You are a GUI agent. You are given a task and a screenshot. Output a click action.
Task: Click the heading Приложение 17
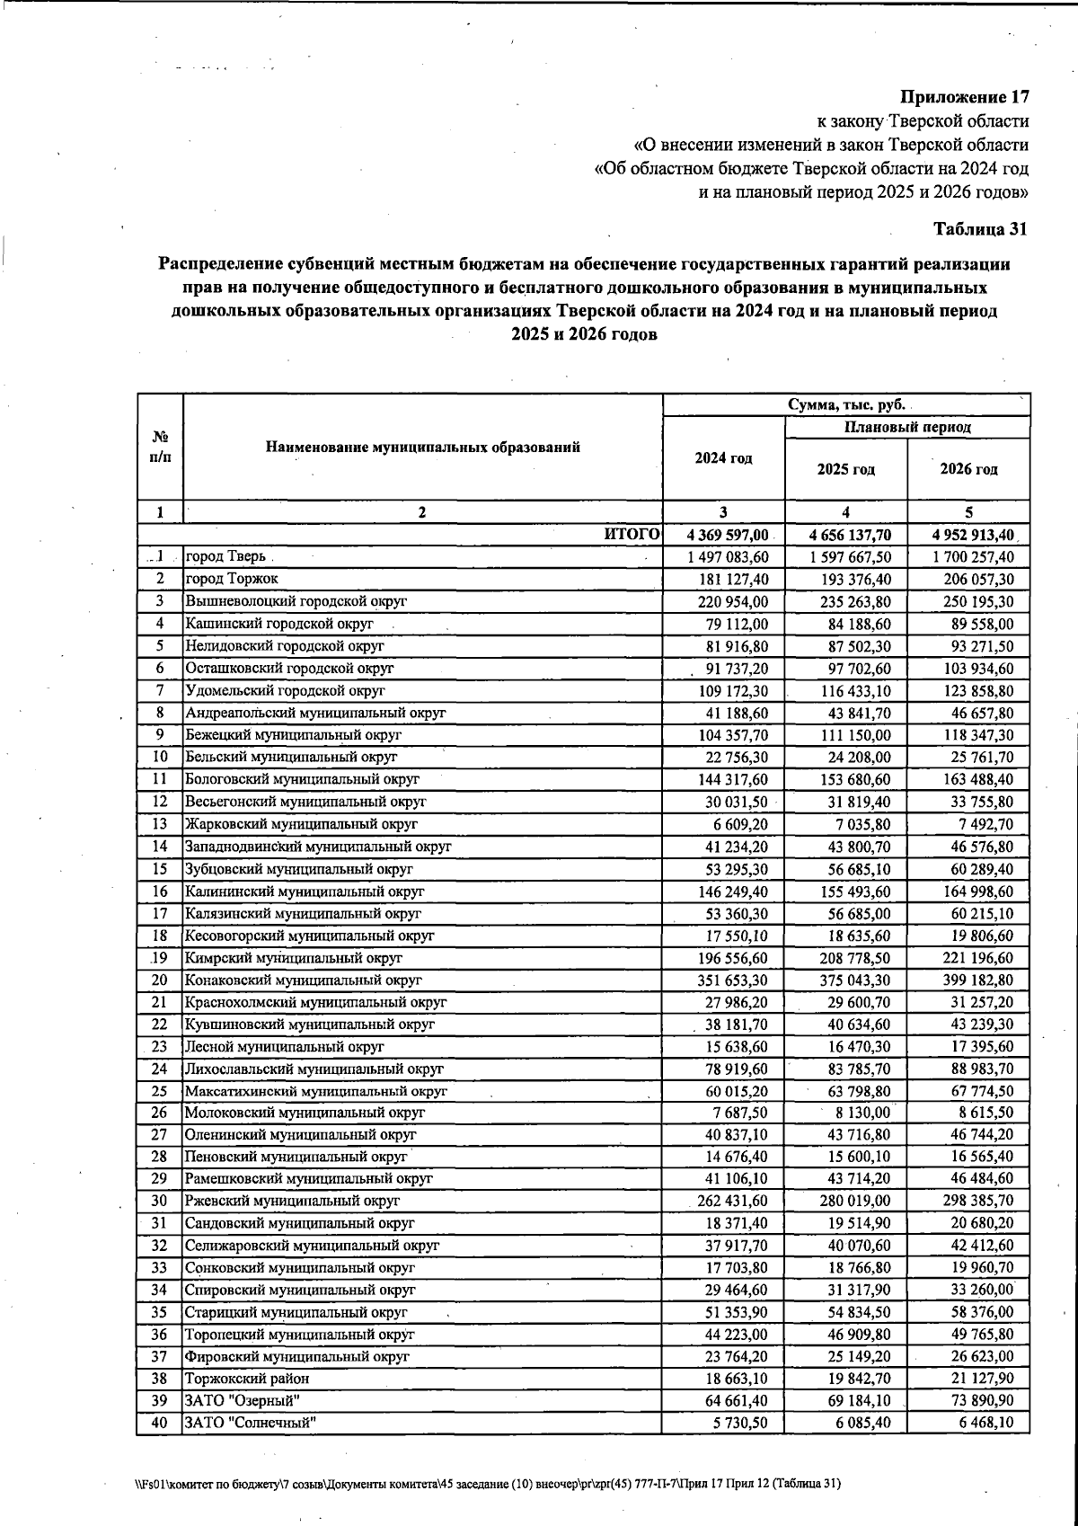click(x=964, y=97)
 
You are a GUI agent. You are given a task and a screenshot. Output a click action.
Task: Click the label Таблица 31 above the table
click(x=980, y=229)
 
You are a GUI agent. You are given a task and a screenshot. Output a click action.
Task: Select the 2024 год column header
click(x=723, y=458)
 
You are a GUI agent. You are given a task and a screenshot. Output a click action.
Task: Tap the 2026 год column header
click(x=968, y=469)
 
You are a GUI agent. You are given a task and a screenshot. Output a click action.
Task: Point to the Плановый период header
click(x=907, y=428)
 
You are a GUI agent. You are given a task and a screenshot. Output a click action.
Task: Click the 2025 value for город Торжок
click(x=846, y=580)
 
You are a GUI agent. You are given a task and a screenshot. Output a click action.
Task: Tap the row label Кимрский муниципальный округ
click(x=294, y=958)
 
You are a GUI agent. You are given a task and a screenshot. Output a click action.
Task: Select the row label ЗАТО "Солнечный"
click(x=251, y=1423)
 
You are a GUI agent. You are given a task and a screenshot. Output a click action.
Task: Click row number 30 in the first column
click(x=159, y=1201)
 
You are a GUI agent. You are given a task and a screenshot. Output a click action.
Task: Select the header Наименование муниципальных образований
click(x=422, y=448)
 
